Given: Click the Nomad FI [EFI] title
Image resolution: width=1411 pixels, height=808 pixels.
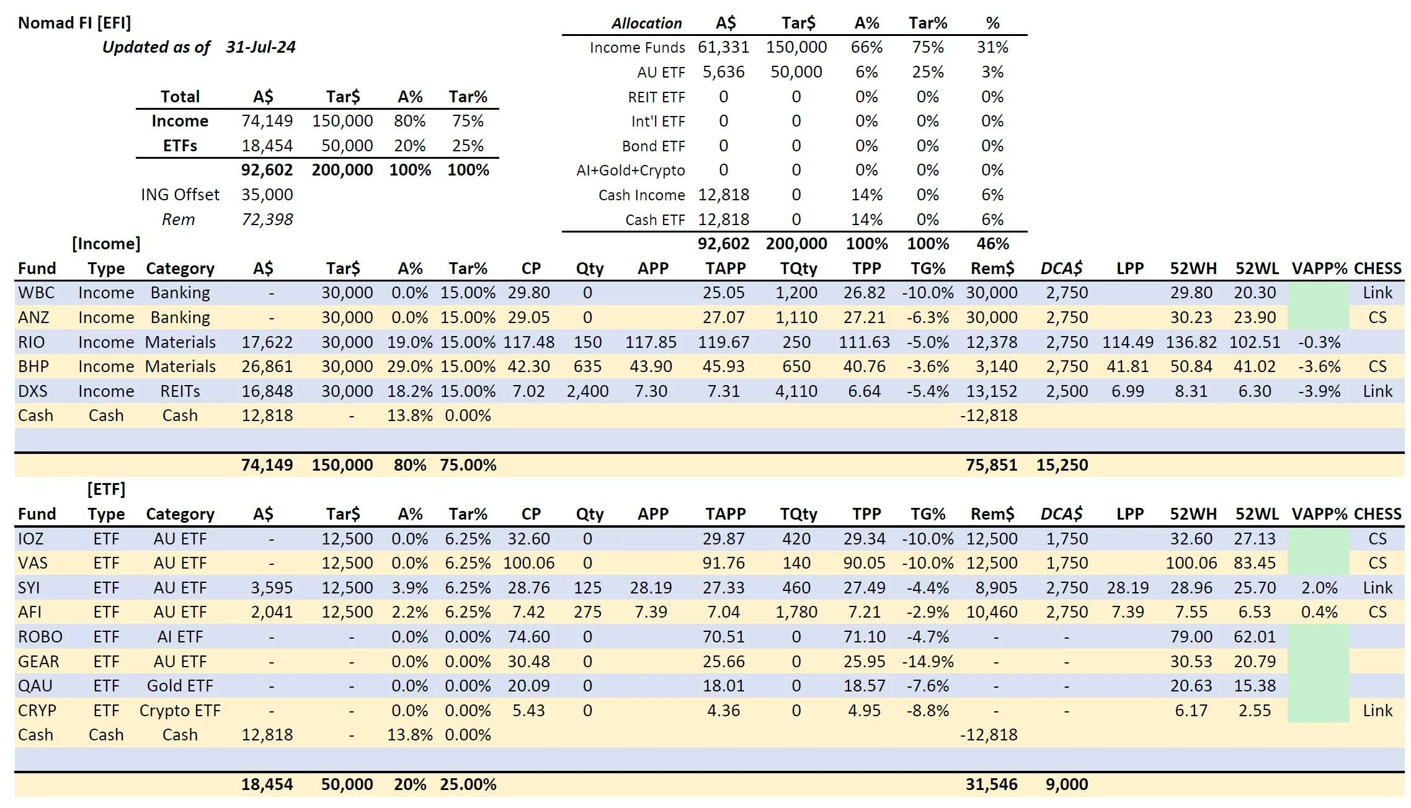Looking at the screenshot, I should (x=74, y=23).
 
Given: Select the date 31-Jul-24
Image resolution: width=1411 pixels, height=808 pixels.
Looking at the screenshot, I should (x=260, y=47).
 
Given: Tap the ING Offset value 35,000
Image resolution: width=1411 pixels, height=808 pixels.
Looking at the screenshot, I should (x=267, y=195).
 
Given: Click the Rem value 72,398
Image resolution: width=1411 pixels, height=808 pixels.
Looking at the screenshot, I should (x=267, y=220).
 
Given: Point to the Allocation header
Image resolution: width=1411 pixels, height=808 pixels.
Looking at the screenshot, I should (x=646, y=24).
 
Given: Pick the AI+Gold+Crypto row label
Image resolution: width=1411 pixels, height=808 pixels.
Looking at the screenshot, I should (x=630, y=171).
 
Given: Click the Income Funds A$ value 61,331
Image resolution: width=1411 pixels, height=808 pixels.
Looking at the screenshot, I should (x=723, y=47).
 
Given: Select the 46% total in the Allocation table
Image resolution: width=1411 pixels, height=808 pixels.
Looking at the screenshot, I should (x=992, y=244).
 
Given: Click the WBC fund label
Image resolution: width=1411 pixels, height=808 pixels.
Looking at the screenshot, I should (x=36, y=293).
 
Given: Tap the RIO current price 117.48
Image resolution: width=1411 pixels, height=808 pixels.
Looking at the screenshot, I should (x=528, y=342).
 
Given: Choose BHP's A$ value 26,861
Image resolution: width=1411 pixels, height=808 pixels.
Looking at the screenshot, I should (x=267, y=366).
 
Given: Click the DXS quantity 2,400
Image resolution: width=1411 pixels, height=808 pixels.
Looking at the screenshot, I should (x=587, y=391).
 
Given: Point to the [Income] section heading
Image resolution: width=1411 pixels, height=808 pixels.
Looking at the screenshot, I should (x=106, y=244).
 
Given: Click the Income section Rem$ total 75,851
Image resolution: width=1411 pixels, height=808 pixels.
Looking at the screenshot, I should (x=991, y=465).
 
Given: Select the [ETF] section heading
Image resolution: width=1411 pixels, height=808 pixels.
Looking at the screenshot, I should (x=106, y=489).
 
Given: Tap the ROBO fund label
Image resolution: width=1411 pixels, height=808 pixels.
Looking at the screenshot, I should (x=40, y=637).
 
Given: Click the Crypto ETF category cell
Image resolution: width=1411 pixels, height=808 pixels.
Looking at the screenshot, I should (x=180, y=711).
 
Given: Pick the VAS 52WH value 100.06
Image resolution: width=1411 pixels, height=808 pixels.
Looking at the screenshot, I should (x=1191, y=563).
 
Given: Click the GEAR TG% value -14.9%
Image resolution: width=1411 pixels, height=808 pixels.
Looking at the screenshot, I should (x=927, y=662).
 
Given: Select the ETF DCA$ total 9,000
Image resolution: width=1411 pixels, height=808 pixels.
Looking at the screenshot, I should (x=1066, y=784).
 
